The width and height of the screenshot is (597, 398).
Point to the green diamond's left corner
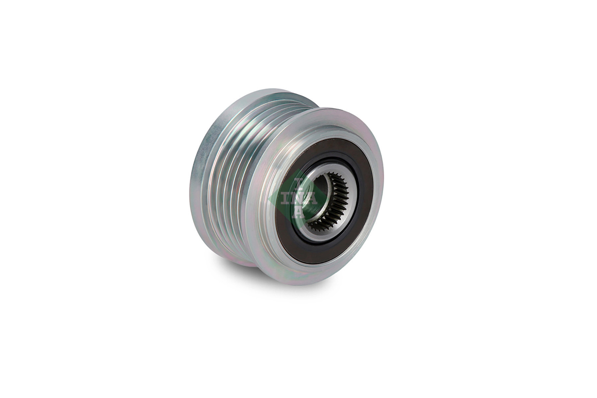269,199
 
